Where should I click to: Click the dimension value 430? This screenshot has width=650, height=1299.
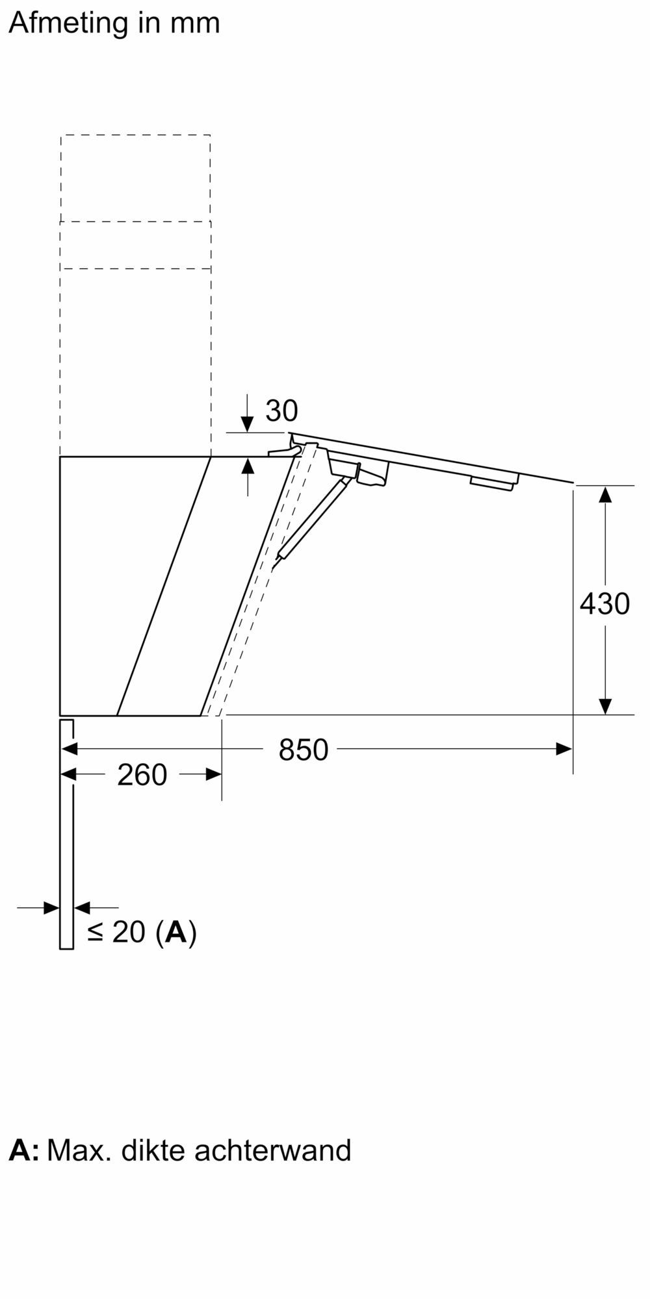604,603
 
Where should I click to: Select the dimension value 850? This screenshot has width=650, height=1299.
303,750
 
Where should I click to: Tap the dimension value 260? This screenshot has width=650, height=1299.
142,775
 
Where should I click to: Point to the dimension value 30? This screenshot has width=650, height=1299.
281,410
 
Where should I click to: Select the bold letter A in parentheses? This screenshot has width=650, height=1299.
175,931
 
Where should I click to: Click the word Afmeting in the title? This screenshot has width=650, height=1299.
68,23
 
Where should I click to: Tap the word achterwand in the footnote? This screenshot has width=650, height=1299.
272,1150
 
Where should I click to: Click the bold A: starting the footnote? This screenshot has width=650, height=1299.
24,1150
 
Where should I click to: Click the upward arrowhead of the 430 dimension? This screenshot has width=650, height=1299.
605,494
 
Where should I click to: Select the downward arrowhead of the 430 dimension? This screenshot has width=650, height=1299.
605,706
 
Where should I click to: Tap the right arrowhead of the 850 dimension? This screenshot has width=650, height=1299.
564,749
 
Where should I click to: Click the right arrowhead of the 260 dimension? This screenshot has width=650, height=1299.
213,774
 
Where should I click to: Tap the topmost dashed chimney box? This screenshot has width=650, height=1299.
135,178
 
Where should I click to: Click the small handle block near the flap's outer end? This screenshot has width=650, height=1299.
494,481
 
